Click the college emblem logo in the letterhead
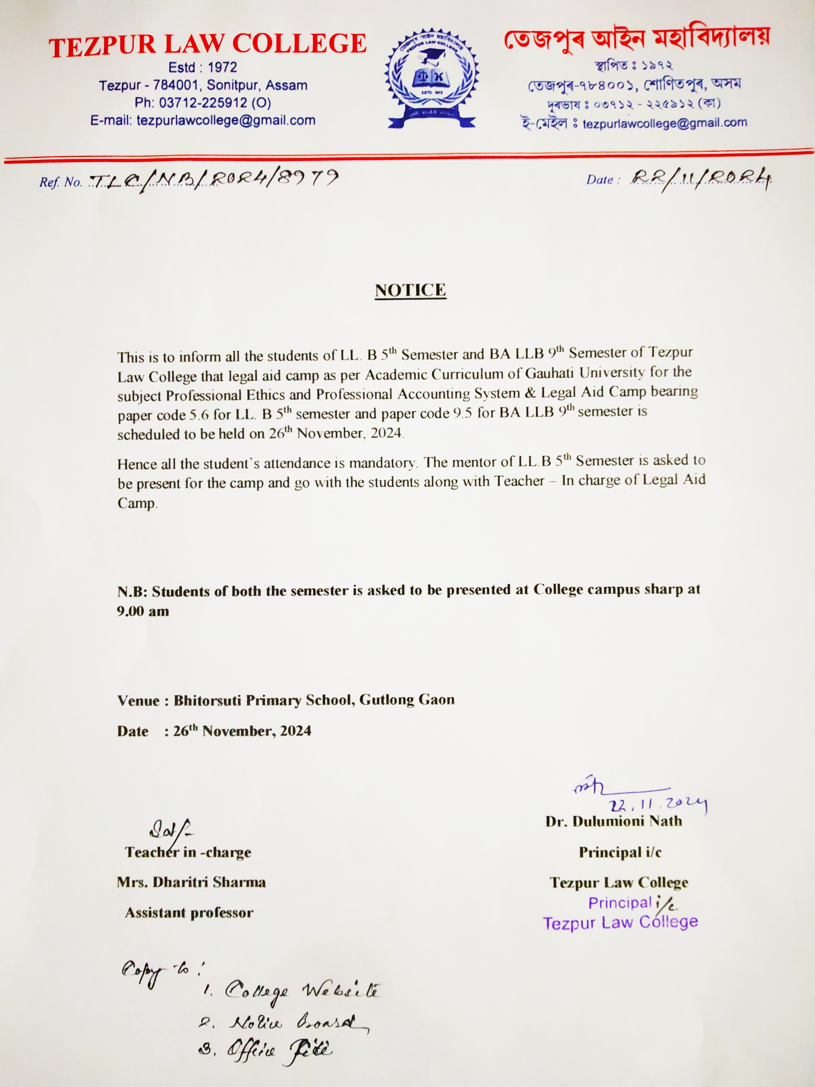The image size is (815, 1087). [431, 79]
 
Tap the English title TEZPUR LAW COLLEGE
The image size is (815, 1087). [207, 44]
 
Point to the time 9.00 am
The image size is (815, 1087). [143, 611]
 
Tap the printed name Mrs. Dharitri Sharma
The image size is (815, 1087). [191, 882]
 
